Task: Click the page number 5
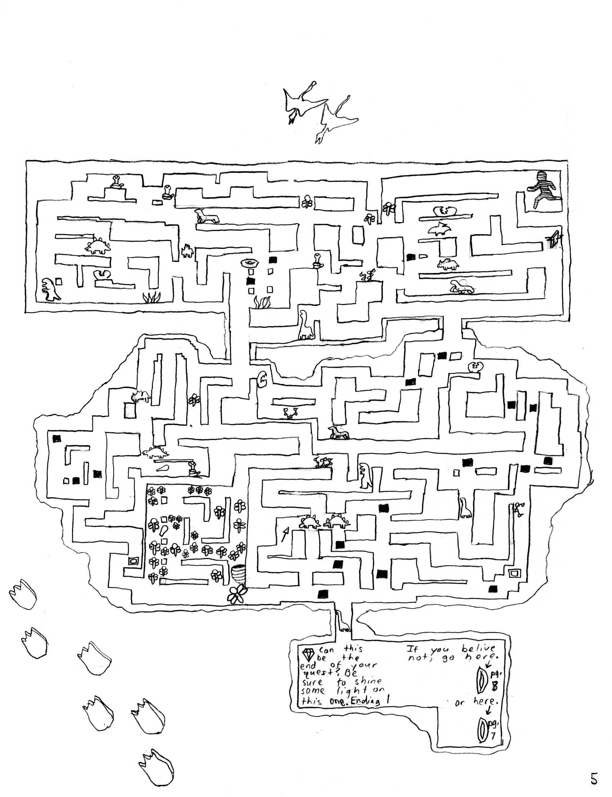click(594, 776)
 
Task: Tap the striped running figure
click(544, 190)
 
